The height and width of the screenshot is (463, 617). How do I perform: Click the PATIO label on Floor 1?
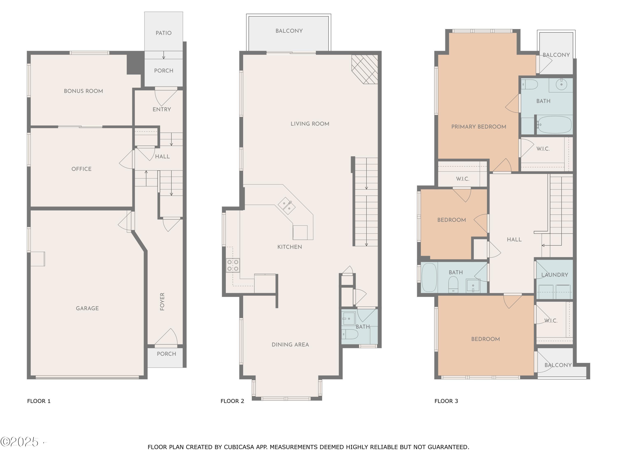click(164, 33)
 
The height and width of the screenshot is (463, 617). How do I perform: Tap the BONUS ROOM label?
click(84, 91)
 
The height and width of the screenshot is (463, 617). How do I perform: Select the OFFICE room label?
click(81, 169)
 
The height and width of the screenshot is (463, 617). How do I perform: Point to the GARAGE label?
click(87, 308)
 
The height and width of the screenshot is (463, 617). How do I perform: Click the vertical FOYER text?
click(162, 301)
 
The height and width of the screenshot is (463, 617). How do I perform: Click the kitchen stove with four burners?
click(233, 265)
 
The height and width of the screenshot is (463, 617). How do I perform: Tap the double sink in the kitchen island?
click(287, 206)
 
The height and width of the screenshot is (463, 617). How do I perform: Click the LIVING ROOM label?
click(310, 124)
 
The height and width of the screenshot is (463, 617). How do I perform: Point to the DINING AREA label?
click(290, 344)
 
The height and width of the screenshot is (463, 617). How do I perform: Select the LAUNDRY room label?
click(554, 275)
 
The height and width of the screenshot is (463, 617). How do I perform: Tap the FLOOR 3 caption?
click(446, 401)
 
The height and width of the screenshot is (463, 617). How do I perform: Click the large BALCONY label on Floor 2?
click(289, 31)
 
